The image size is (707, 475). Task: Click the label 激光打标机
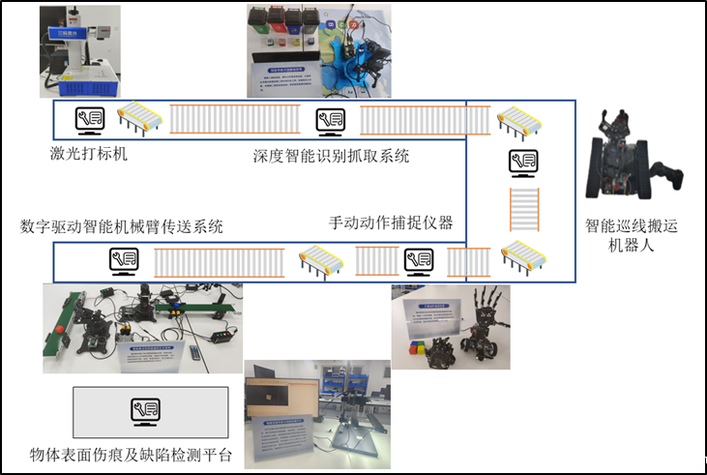[x=89, y=153]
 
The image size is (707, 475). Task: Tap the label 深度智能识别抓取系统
[x=331, y=155]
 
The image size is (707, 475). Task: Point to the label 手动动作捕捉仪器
[x=391, y=223]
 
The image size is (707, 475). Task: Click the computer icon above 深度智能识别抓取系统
[x=331, y=120]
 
